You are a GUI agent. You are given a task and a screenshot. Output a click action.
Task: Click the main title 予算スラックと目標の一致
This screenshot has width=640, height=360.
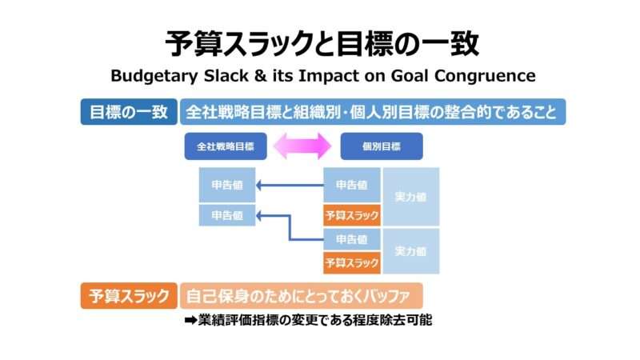[x=320, y=42]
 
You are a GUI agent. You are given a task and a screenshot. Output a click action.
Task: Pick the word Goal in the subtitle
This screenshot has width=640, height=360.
[x=408, y=77]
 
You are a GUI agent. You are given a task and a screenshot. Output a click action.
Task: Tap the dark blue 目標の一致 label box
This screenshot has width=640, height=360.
[x=127, y=112]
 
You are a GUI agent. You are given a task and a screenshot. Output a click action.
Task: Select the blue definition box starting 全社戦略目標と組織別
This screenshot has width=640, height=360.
[x=373, y=112]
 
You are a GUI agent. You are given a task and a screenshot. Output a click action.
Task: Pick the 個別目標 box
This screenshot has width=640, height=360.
[x=381, y=146]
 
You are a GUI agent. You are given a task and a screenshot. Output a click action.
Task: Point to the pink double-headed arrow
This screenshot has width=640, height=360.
[x=302, y=146]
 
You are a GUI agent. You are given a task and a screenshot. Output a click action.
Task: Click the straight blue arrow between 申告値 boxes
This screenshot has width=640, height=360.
[x=289, y=186]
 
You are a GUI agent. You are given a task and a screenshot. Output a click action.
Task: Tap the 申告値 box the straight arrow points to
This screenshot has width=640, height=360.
[x=227, y=186]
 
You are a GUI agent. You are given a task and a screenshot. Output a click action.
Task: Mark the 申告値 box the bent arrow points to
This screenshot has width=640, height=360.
[x=227, y=215]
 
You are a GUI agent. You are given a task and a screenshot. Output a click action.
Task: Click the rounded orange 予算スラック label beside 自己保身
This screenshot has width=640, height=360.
[x=127, y=296]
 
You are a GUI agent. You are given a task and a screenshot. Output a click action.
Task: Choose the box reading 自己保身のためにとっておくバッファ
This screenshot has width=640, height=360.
[x=300, y=296]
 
